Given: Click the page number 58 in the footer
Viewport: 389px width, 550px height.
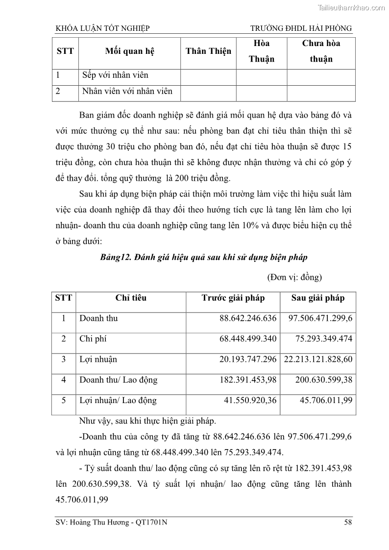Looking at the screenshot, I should tap(348, 523).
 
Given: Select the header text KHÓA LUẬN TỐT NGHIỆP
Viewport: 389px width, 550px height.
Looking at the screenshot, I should tap(103, 28).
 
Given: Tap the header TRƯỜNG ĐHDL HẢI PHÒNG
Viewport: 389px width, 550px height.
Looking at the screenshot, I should tap(301, 28).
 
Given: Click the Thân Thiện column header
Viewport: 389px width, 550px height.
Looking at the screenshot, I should tap(208, 51).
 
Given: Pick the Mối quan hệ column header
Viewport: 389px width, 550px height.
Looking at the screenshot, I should tap(129, 51).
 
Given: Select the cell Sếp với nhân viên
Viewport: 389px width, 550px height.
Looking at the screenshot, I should tap(115, 75).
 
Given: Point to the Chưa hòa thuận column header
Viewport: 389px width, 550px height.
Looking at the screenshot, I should tap(321, 51).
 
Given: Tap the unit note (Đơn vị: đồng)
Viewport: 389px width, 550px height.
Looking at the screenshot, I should tap(294, 277).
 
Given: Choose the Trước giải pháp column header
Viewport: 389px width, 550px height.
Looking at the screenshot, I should tap(233, 298).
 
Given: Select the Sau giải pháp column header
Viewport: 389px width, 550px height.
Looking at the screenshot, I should tap(318, 298).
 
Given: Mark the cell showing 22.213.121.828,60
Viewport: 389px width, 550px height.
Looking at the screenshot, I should tap(318, 359).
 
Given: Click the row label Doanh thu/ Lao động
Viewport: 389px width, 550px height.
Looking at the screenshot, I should tap(118, 380).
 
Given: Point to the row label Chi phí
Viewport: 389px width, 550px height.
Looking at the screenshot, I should tap(93, 339).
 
